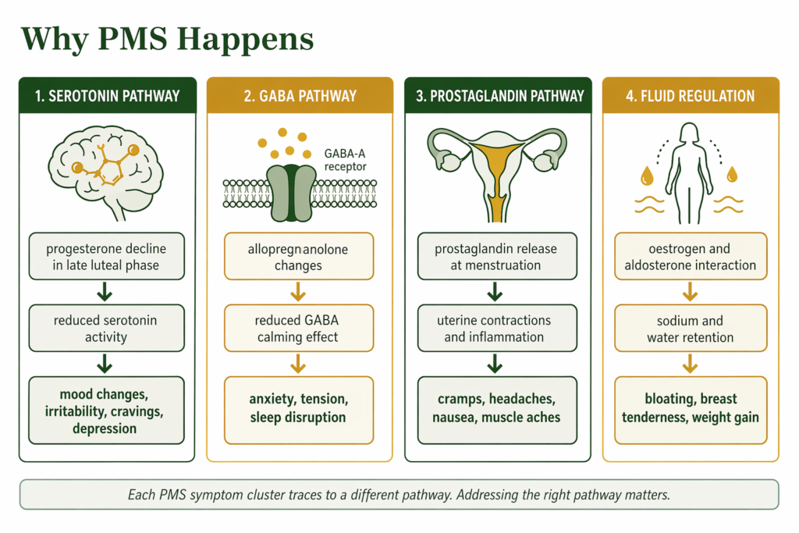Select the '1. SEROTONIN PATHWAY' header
[107, 96]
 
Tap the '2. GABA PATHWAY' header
[300, 96]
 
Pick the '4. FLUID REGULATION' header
[690, 96]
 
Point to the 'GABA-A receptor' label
[344, 159]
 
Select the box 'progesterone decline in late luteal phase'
[107, 257]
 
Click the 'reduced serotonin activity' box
[107, 329]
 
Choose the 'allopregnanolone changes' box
[299, 257]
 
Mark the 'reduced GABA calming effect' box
[299, 329]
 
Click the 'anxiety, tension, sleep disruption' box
[299, 407]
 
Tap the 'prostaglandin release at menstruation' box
[496, 257]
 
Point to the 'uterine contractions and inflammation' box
[496, 329]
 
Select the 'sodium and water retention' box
[690, 329]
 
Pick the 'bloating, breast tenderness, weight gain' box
[690, 407]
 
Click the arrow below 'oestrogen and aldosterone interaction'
[690, 293]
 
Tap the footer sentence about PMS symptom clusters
[399, 494]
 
